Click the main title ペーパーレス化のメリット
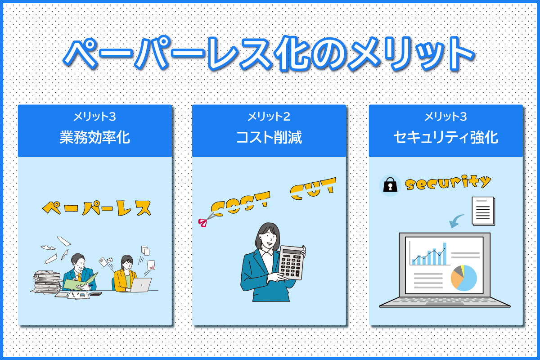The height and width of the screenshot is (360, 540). tap(269, 54)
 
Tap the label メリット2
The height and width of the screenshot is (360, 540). tap(269, 117)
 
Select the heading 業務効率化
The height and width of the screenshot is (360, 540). tap(95, 137)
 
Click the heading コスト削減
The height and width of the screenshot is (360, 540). tap(269, 137)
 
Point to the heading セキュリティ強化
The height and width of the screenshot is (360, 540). tap(446, 137)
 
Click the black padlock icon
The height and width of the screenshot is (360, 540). tap(390, 184)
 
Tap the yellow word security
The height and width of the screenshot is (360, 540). tap(448, 183)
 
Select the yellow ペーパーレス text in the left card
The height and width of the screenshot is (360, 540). tap(97, 208)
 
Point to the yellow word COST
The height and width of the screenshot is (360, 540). tap(240, 204)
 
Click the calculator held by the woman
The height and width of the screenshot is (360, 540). tap(291, 263)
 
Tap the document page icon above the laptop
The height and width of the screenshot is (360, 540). tap(483, 211)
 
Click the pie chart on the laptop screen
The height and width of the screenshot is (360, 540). tap(464, 278)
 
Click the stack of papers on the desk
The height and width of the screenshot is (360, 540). tap(47, 282)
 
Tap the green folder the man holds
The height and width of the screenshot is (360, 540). tap(81, 281)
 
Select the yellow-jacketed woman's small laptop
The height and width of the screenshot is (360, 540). tap(141, 285)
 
